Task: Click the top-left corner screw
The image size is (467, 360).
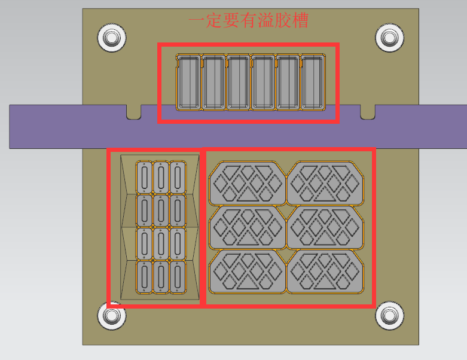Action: tap(112, 38)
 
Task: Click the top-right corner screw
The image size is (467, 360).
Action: tap(389, 38)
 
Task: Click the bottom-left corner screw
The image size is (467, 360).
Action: tap(112, 315)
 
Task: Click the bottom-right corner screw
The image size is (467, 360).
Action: tap(389, 315)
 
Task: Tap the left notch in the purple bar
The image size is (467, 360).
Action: tap(134, 112)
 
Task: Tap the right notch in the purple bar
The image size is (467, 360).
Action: tap(368, 112)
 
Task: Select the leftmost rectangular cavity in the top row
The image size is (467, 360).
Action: tap(188, 82)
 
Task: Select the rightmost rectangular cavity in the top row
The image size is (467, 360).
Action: tap(313, 82)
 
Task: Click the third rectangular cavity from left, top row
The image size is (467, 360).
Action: tap(238, 82)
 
